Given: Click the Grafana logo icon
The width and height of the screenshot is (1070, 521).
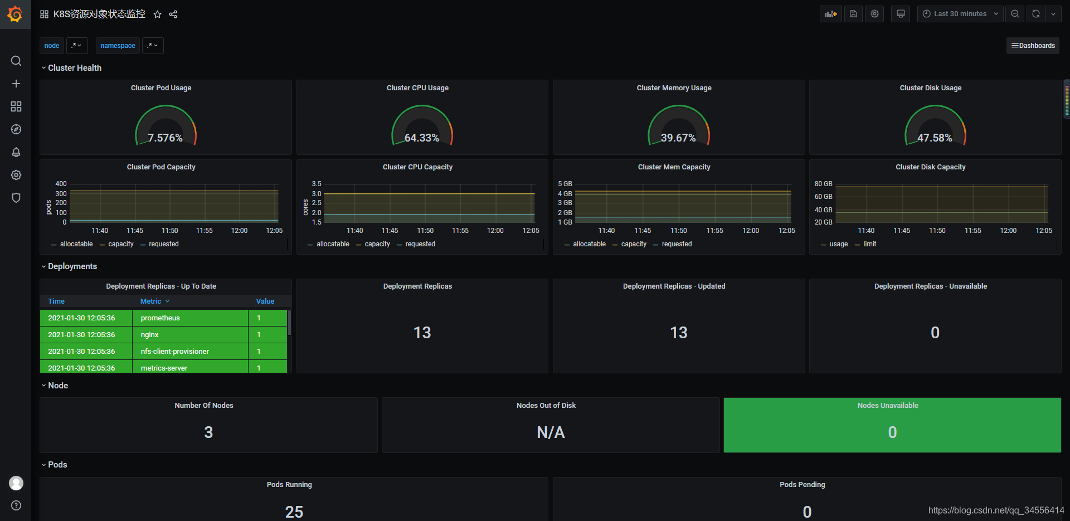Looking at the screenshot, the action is click(x=15, y=14).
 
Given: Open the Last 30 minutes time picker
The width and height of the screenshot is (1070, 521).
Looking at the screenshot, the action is click(x=960, y=14).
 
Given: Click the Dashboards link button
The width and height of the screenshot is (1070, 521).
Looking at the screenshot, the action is click(x=1033, y=46).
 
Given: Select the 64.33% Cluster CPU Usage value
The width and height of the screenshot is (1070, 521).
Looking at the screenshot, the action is click(x=422, y=138).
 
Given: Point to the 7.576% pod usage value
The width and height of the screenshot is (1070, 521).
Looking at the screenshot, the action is click(x=165, y=138).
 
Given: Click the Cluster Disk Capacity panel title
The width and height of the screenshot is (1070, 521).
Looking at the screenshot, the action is click(x=931, y=167).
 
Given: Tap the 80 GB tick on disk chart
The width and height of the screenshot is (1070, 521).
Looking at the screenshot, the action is click(x=823, y=184).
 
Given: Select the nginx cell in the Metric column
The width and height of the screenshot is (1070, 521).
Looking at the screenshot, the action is click(x=150, y=335).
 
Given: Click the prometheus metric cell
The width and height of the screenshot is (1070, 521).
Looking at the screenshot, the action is click(x=160, y=318).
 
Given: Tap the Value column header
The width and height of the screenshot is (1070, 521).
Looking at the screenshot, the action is click(x=265, y=301).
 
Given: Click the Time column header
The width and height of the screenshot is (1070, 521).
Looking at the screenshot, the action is click(x=56, y=301).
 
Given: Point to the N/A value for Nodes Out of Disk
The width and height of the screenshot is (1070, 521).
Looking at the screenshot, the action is click(x=551, y=432).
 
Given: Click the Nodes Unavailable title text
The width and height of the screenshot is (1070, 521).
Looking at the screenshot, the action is click(x=888, y=406).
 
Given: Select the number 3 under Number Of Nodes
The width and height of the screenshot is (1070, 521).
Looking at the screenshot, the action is click(x=208, y=432).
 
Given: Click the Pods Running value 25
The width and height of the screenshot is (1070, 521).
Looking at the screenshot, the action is click(x=294, y=512).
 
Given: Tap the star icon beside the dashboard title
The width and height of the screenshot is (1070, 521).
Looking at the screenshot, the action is click(x=158, y=14).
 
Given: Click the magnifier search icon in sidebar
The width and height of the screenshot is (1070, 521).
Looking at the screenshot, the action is click(x=16, y=61).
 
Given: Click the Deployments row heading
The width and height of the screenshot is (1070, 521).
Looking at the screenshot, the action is click(x=72, y=266).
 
